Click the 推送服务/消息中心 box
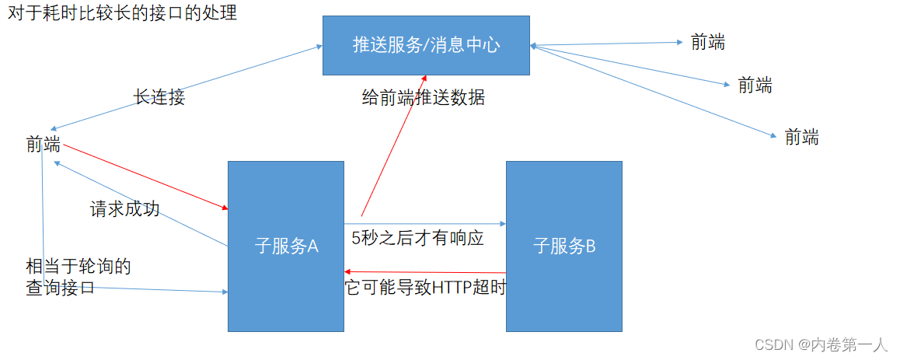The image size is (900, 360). tap(426, 45)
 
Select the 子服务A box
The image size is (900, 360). tap(286, 246)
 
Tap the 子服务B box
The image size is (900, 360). tap(563, 246)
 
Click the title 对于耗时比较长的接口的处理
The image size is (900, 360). tap(122, 13)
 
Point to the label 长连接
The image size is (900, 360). tap(159, 97)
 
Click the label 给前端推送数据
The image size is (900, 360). tap(424, 98)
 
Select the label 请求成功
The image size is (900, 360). tap(125, 208)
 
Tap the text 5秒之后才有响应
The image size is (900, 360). tap(418, 238)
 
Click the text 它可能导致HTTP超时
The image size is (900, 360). tap(425, 288)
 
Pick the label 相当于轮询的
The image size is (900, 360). tap(78, 267)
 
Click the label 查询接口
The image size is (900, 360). tap(60, 288)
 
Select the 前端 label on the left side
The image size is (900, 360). tap(43, 144)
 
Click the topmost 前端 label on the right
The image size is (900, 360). tap(708, 43)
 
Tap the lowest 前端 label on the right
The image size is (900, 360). tap(802, 138)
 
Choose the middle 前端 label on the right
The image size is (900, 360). tap(755, 85)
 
